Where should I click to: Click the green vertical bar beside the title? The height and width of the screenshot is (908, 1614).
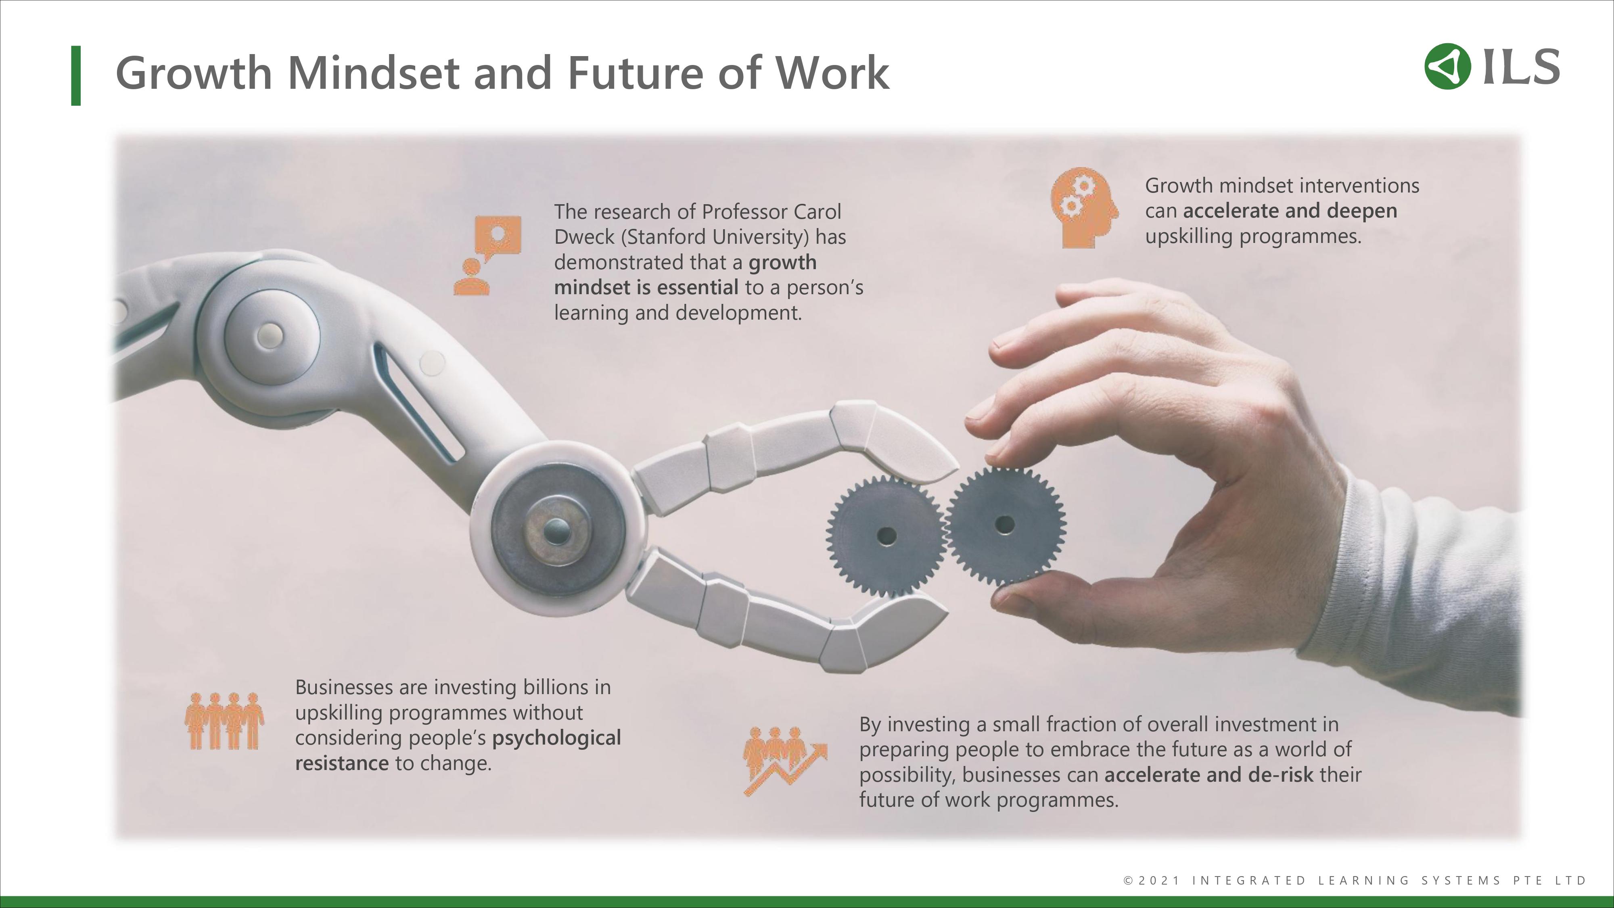pyautogui.click(x=76, y=76)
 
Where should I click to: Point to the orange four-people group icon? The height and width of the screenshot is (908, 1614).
pyautogui.click(x=224, y=721)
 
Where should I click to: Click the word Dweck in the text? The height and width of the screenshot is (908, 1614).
pyautogui.click(x=584, y=237)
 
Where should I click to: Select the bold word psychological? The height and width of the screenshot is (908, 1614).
pyautogui.click(x=556, y=738)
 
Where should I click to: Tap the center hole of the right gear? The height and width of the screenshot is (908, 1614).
pyautogui.click(x=1005, y=525)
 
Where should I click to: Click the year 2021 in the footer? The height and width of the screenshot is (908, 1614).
pyautogui.click(x=1159, y=881)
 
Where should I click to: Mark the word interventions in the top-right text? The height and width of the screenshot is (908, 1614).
pyautogui.click(x=1359, y=186)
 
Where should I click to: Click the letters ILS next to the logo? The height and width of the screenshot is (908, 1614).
pyautogui.click(x=1521, y=67)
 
